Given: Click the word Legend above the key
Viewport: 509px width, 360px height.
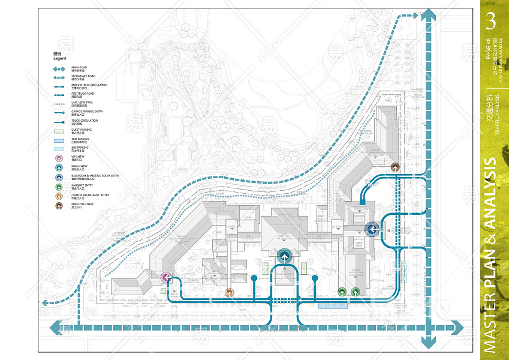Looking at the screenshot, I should [x=59, y=59].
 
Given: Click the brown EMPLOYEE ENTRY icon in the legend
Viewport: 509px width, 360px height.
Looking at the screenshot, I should [x=59, y=206].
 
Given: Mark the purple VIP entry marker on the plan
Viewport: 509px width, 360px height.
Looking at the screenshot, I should [x=166, y=277].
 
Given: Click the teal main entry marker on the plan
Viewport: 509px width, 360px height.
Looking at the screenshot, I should [x=285, y=256].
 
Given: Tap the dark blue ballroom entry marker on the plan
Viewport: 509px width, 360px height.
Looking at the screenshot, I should [x=371, y=228].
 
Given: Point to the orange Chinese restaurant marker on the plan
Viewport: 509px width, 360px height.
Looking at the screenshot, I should [x=230, y=293].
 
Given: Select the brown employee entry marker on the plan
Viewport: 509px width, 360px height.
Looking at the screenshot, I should [x=394, y=167].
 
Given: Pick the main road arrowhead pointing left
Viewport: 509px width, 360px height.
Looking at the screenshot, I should [x=56, y=328].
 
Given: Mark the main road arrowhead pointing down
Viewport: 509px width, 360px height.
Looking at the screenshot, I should [x=427, y=343].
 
